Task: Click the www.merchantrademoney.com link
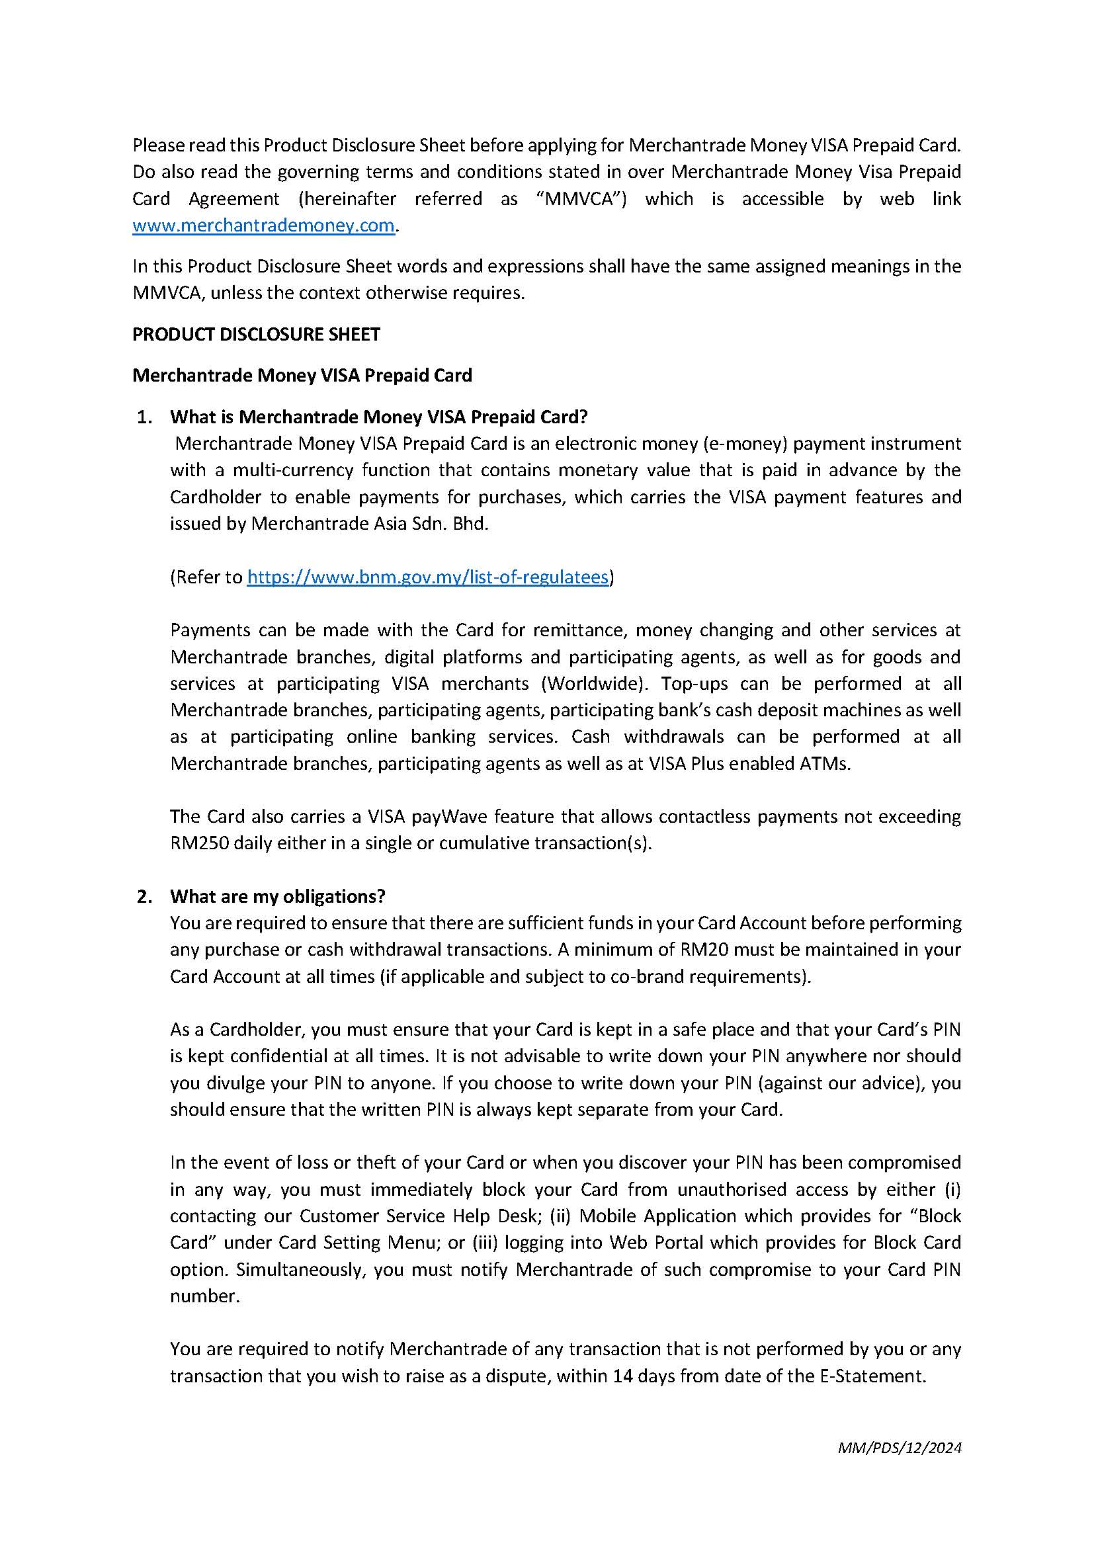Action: coord(263,225)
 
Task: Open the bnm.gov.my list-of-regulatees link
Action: coord(428,577)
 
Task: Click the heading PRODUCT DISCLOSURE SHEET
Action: coord(256,334)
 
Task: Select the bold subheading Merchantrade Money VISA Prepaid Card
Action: coord(302,375)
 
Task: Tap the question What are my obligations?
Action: coord(278,896)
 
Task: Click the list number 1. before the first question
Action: coord(144,417)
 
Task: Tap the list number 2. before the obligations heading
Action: coord(144,896)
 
